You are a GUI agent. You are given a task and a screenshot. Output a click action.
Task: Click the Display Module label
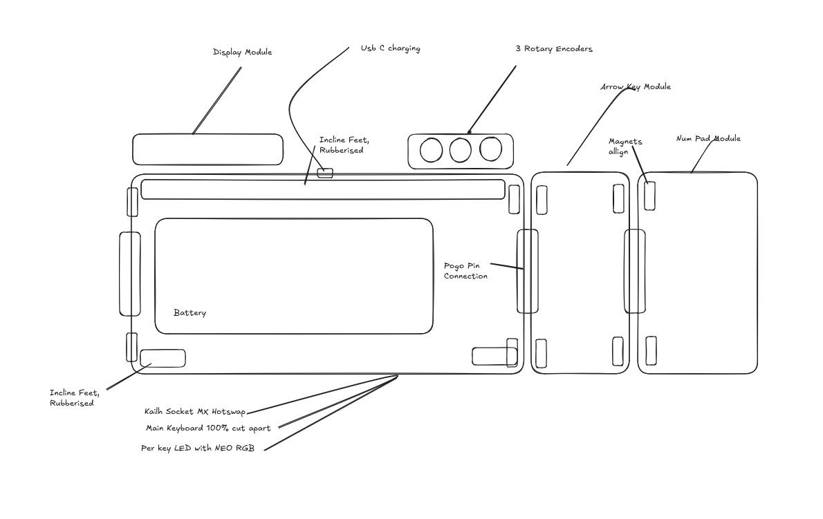[242, 53]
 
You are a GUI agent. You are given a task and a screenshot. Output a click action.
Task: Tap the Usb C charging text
[390, 49]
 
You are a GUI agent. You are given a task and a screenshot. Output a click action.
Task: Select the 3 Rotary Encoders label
[553, 49]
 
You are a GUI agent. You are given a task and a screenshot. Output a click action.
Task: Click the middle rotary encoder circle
[461, 150]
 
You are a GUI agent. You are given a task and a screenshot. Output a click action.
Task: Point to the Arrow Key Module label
[635, 87]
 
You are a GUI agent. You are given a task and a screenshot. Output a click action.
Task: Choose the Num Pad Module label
[708, 139]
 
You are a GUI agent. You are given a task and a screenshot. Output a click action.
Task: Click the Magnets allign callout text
[625, 147]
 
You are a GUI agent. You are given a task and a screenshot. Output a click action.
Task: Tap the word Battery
[189, 313]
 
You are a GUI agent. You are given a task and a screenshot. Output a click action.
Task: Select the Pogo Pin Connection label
[465, 271]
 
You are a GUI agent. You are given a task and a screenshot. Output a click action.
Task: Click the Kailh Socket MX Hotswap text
[194, 412]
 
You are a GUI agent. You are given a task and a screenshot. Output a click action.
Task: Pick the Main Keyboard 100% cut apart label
[207, 428]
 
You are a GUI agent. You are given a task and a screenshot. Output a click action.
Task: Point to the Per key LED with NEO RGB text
[197, 449]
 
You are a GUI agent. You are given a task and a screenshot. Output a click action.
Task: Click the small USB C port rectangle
[325, 172]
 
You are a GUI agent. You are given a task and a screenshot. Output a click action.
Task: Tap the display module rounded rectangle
[207, 149]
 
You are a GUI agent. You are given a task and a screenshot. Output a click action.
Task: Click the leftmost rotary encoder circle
[431, 150]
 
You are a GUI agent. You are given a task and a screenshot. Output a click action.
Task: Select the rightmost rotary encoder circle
[491, 149]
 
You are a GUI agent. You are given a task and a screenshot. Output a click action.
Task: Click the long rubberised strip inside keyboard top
[323, 189]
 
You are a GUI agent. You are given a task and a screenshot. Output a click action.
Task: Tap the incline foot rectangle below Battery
[163, 358]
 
